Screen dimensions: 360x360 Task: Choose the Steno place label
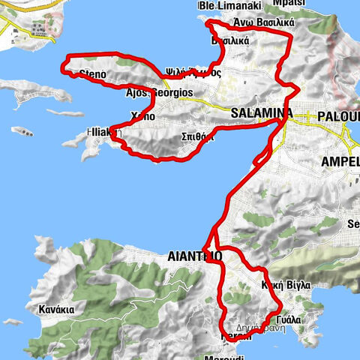[x=91, y=73]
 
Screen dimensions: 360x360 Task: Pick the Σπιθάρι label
[x=199, y=137]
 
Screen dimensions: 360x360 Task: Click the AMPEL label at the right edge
[x=340, y=162]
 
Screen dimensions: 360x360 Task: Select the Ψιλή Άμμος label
[x=193, y=72]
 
